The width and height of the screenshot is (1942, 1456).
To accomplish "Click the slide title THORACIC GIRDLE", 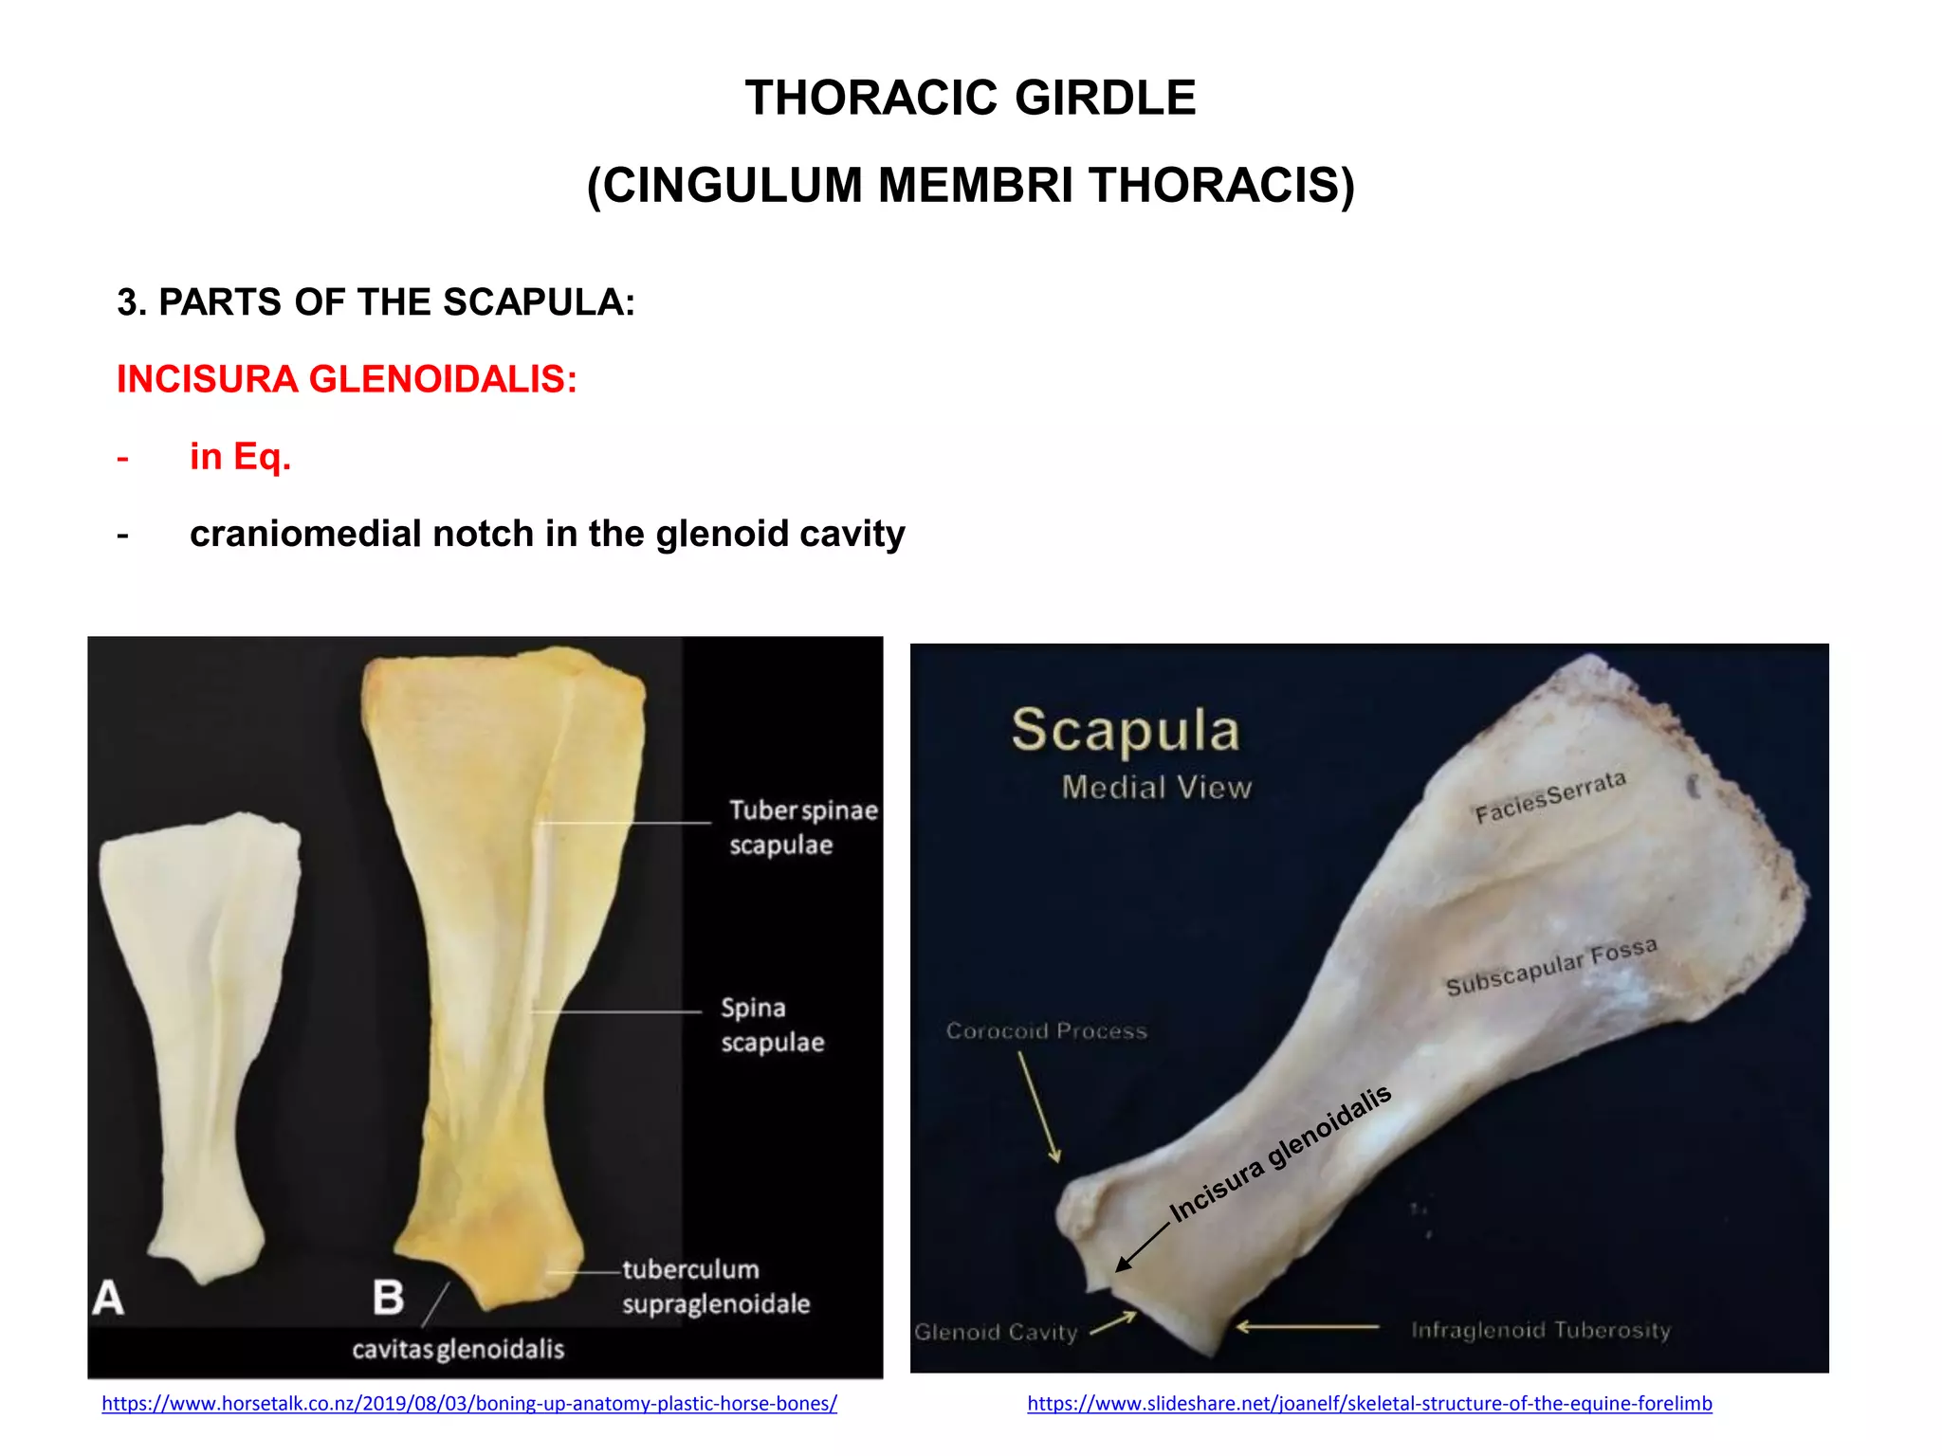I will tap(970, 98).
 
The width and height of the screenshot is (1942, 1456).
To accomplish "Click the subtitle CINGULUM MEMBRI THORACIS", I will tap(970, 185).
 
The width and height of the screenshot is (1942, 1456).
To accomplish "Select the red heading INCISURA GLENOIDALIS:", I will tap(346, 379).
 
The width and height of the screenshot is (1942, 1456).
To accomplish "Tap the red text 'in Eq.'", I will tap(240, 457).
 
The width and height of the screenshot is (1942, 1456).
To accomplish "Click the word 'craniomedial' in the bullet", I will tap(305, 535).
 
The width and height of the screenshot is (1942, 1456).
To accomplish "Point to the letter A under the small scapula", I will tap(108, 1298).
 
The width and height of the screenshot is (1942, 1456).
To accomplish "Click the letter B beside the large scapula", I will tap(388, 1298).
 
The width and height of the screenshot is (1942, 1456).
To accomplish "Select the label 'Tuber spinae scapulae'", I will tap(802, 828).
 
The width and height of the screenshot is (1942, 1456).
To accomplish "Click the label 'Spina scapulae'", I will tap(771, 1025).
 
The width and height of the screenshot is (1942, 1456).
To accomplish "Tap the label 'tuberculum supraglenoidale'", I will tap(715, 1286).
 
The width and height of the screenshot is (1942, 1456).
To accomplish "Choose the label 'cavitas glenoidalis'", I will tap(458, 1349).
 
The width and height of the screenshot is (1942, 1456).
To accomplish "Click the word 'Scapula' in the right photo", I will tap(1126, 730).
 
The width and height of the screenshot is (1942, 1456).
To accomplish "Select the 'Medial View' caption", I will tap(1156, 787).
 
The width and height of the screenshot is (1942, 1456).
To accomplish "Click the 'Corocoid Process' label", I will tap(1046, 1031).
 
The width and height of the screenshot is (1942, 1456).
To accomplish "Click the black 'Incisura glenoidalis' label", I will tap(1280, 1154).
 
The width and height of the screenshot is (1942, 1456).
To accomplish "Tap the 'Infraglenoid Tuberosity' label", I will tap(1540, 1330).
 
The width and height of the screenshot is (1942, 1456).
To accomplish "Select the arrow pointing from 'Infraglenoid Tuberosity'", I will tap(1307, 1327).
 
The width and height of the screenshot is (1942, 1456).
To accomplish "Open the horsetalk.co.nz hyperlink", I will tap(468, 1404).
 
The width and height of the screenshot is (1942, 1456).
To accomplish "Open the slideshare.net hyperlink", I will tap(1369, 1404).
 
